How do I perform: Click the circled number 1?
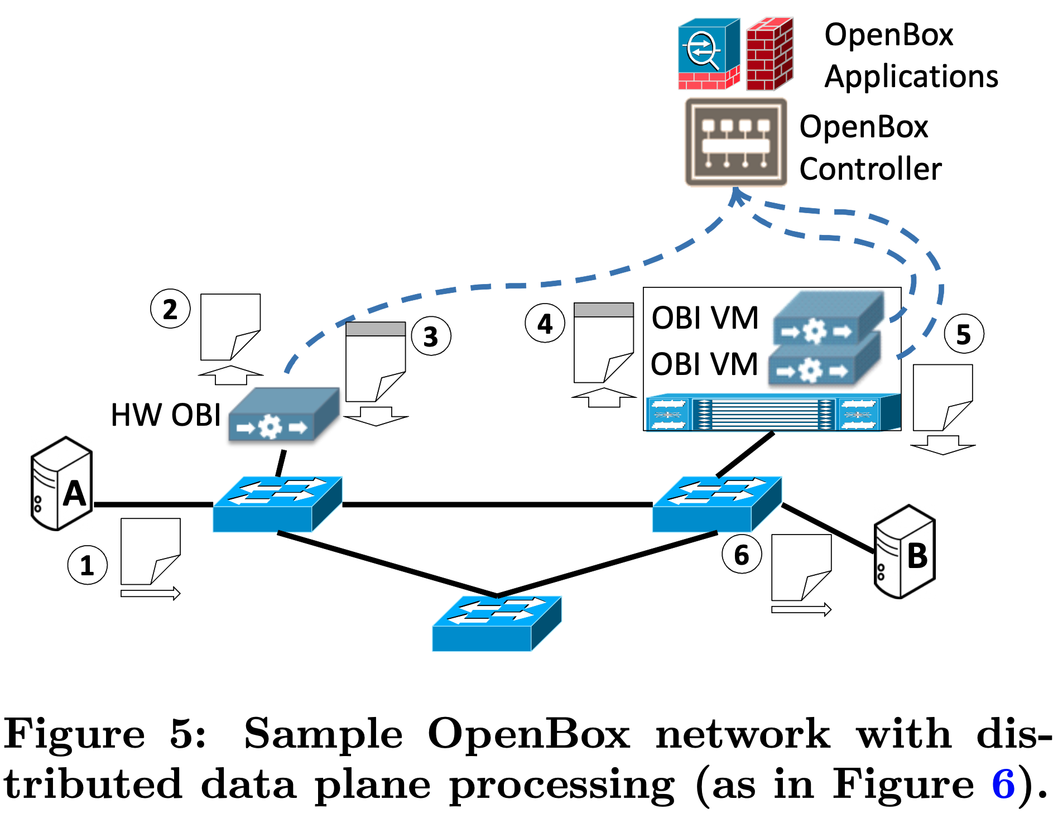click(x=87, y=565)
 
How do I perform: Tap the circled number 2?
click(x=170, y=309)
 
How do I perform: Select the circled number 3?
click(x=431, y=336)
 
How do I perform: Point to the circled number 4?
click(x=545, y=323)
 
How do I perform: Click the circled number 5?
click(x=964, y=334)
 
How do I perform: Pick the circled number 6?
click(x=741, y=554)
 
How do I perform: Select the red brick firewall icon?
click(x=770, y=54)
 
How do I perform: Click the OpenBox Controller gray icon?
click(x=735, y=142)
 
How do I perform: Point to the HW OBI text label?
click(x=166, y=415)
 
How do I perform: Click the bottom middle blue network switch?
click(x=497, y=623)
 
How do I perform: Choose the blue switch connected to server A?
click(x=277, y=504)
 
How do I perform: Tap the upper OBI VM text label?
click(x=705, y=318)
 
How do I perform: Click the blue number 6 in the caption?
click(x=1003, y=783)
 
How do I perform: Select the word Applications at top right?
click(x=911, y=76)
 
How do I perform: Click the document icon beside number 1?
click(x=150, y=551)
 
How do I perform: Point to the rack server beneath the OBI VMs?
click(x=772, y=413)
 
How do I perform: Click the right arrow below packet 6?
click(x=801, y=610)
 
